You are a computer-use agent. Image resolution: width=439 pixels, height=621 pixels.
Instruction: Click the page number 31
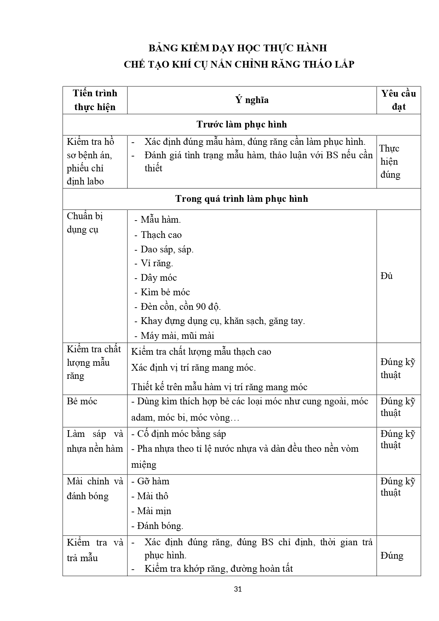click(x=238, y=589)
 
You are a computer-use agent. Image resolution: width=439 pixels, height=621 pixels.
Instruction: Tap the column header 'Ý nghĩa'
click(x=252, y=100)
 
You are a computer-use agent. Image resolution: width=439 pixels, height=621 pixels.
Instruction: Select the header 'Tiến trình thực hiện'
click(x=95, y=100)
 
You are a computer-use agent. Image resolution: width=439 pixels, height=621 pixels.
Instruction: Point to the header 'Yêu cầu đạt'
click(x=398, y=100)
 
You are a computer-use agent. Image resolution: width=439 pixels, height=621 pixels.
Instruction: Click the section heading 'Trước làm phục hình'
click(x=242, y=125)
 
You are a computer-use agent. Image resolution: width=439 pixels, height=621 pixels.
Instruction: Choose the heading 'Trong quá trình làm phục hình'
click(x=242, y=199)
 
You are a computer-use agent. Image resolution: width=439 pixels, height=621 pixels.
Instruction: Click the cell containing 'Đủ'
click(x=387, y=276)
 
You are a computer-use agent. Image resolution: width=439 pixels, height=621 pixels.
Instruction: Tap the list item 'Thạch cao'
click(x=161, y=235)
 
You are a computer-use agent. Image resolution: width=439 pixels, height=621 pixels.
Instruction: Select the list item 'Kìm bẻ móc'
click(x=165, y=292)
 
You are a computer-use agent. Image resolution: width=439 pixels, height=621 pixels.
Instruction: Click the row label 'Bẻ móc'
click(x=82, y=401)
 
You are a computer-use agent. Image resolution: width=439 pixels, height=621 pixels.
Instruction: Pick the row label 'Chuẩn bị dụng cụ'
click(x=85, y=223)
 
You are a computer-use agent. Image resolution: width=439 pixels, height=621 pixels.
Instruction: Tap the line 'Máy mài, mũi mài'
click(x=177, y=336)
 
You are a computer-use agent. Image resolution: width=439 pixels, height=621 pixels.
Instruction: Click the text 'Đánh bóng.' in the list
click(x=160, y=526)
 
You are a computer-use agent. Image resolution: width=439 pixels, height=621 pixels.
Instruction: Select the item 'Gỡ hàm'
click(x=153, y=482)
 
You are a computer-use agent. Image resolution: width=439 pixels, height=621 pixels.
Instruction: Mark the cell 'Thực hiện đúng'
click(x=390, y=162)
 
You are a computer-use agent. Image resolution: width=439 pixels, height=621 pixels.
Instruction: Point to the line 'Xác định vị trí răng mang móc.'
click(x=193, y=368)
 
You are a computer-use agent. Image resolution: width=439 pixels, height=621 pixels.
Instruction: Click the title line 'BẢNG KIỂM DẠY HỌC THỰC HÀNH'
click(x=237, y=48)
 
